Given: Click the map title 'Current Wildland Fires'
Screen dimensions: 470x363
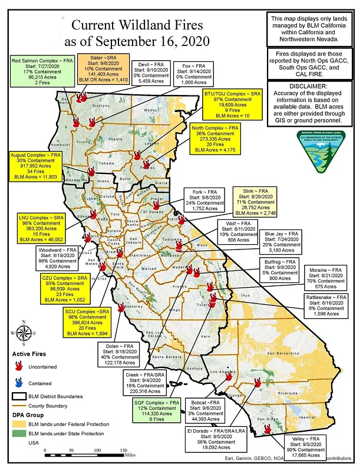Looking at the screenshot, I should [x=137, y=26].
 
